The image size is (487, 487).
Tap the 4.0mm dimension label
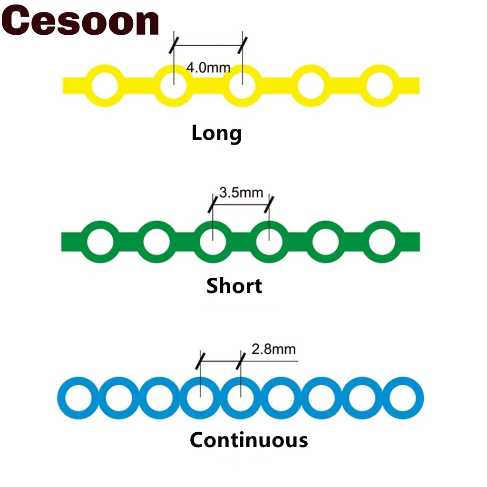(x=208, y=67)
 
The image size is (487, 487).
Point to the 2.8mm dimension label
(x=273, y=350)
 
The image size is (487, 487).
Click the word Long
(x=216, y=134)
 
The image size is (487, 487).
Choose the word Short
(x=234, y=286)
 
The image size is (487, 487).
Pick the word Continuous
(x=249, y=440)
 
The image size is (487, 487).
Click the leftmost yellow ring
(x=104, y=86)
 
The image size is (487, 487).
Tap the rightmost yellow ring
(x=380, y=86)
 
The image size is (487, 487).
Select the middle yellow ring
(x=242, y=86)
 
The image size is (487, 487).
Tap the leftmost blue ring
(x=78, y=398)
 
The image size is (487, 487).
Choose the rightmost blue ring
(x=405, y=398)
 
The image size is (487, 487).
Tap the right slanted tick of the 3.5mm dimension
(x=269, y=204)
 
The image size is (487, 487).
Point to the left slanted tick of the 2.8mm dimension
(x=201, y=361)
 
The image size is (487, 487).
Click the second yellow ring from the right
(x=311, y=86)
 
